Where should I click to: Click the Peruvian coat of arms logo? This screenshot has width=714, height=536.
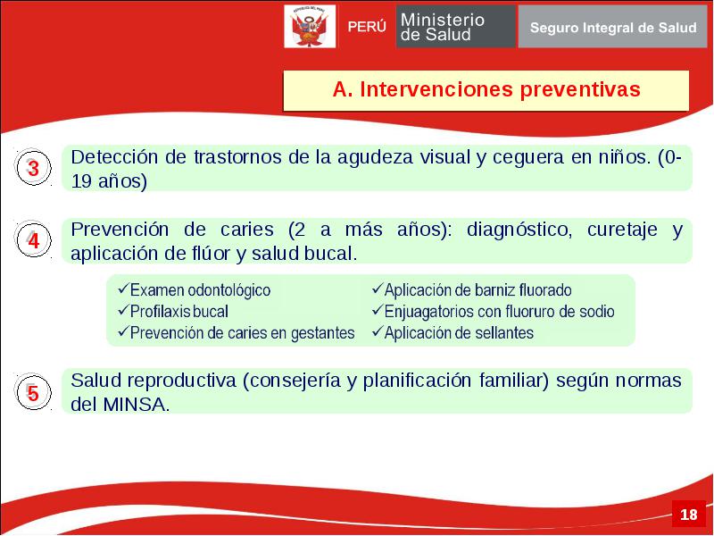(x=310, y=26)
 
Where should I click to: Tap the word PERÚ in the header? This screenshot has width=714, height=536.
(x=367, y=27)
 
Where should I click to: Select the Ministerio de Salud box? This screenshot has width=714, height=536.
(x=456, y=27)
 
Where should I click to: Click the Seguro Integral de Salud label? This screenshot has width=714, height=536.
(x=613, y=28)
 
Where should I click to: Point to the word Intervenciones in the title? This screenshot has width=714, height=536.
(x=436, y=89)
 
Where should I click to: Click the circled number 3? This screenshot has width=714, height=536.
(x=33, y=168)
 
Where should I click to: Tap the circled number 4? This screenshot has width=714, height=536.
(x=33, y=239)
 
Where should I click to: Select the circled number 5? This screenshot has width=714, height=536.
(x=33, y=392)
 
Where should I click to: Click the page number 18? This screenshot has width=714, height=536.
(x=688, y=515)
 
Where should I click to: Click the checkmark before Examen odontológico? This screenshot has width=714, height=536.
(x=123, y=289)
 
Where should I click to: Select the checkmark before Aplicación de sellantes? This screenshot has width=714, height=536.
(x=378, y=331)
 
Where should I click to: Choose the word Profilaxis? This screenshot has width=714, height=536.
(x=154, y=312)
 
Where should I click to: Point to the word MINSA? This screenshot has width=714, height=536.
(x=137, y=405)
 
